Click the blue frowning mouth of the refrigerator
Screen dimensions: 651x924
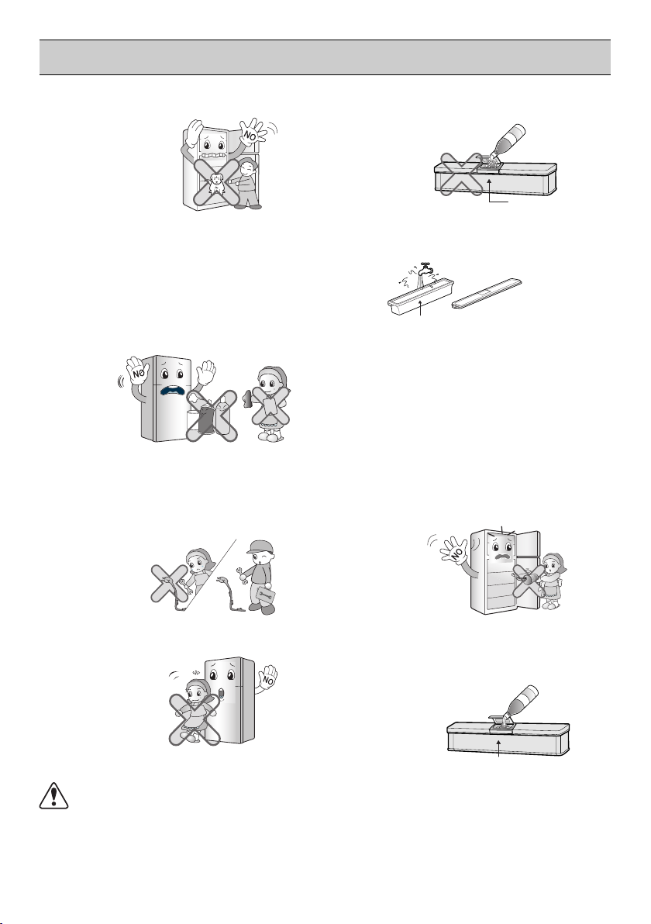coord(173,392)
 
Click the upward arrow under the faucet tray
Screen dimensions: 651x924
coord(422,309)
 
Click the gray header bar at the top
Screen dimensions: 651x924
coord(325,57)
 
